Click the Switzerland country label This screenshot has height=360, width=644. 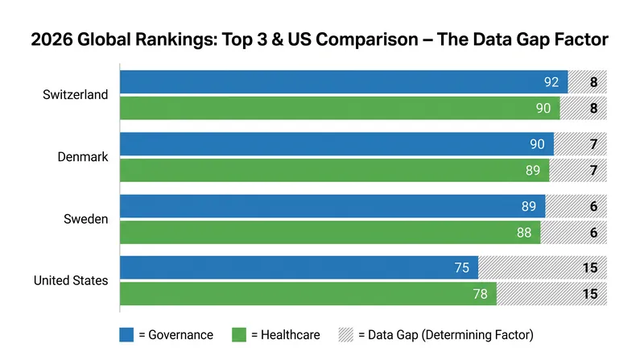[75, 94]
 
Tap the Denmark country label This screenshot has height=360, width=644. [83, 156]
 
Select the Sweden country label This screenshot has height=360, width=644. [86, 219]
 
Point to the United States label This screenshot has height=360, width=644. [71, 280]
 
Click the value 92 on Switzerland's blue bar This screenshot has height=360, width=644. [551, 82]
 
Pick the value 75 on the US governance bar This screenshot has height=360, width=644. [461, 268]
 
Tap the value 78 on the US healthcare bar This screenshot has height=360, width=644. [480, 294]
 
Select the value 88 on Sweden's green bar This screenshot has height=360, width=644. [524, 233]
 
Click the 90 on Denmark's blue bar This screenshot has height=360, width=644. [537, 144]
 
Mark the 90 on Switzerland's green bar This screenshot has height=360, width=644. [543, 108]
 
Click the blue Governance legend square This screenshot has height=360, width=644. [126, 334]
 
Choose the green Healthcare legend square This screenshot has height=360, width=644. [239, 334]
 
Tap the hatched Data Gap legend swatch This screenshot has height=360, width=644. [346, 334]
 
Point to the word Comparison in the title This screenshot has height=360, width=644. [367, 39]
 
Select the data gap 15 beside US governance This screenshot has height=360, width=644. [590, 268]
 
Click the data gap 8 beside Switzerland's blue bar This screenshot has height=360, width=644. [593, 82]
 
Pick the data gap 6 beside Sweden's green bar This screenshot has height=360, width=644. [593, 233]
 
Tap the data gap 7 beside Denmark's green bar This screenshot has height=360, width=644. [593, 170]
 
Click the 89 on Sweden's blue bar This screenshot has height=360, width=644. [529, 206]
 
